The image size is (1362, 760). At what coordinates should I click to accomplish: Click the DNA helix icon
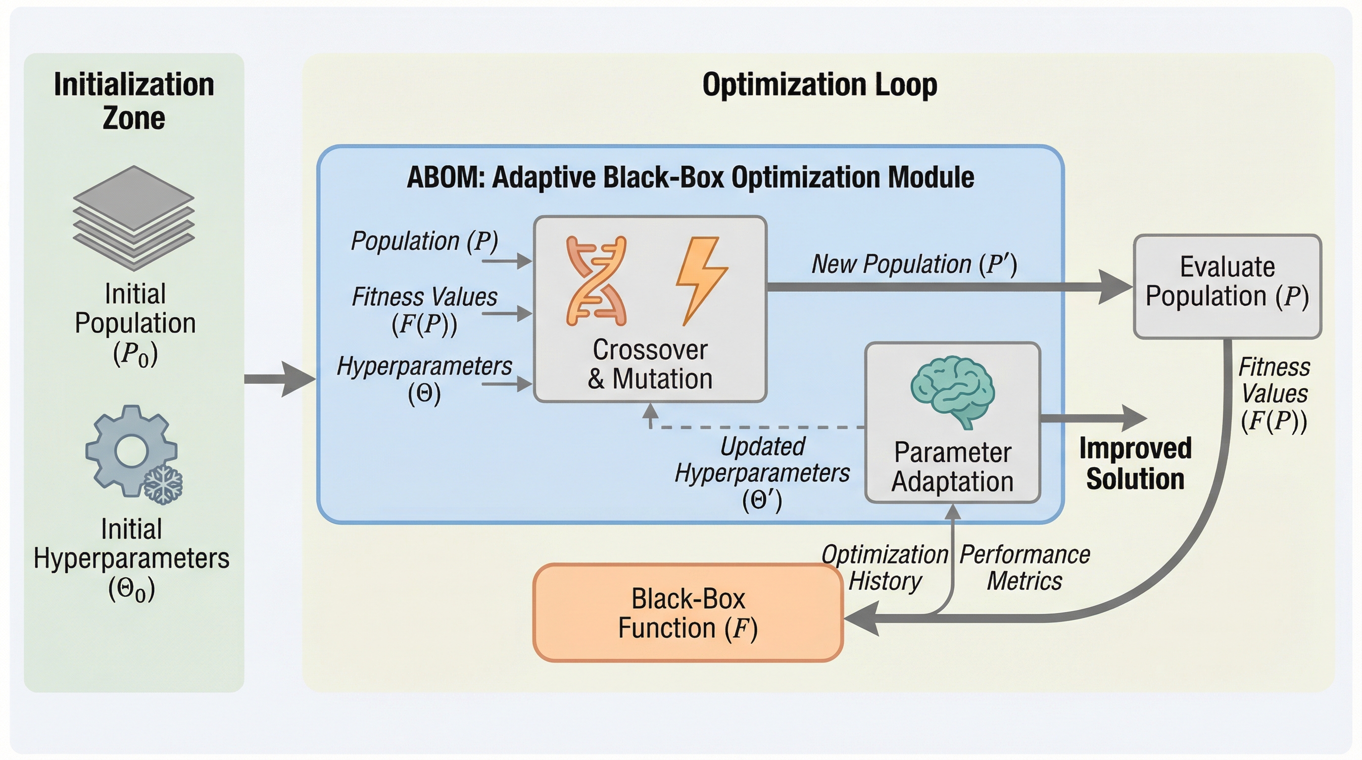[x=596, y=281]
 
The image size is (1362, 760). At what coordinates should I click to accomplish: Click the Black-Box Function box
[x=687, y=613]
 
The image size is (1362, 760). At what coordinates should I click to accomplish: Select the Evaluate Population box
[x=1227, y=286]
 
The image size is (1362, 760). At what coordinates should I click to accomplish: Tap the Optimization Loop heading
[x=820, y=85]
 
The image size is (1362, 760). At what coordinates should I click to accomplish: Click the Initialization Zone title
[x=134, y=100]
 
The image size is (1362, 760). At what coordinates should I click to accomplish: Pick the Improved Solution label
[x=1135, y=464]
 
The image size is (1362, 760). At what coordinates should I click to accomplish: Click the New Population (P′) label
[x=914, y=264]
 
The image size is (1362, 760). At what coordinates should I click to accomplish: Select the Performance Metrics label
[x=1024, y=568]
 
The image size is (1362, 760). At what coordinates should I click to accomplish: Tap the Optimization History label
[x=884, y=568]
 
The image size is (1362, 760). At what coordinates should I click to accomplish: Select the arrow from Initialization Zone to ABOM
[x=280, y=379]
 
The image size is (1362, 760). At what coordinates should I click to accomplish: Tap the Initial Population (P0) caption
[x=135, y=324]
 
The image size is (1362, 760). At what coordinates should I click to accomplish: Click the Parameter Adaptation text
[x=952, y=467]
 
